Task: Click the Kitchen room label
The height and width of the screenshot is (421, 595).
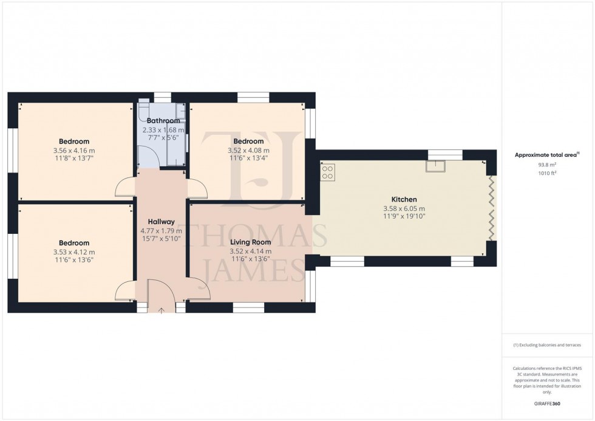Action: (x=404, y=199)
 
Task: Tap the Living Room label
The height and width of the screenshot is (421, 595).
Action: (x=250, y=242)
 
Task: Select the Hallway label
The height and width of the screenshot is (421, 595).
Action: (x=161, y=222)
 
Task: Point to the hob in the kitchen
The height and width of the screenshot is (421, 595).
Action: (x=328, y=173)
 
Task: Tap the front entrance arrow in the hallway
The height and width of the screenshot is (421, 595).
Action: (x=161, y=310)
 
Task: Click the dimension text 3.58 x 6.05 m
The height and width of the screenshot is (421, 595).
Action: (x=404, y=208)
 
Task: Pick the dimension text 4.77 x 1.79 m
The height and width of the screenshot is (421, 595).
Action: (x=161, y=231)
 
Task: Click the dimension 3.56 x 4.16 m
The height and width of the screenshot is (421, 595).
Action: (x=74, y=151)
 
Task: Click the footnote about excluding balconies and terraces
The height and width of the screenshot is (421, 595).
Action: (x=547, y=345)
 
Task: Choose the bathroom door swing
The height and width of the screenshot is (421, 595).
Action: (x=149, y=159)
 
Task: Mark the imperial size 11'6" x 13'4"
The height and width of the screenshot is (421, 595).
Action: (x=248, y=158)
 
